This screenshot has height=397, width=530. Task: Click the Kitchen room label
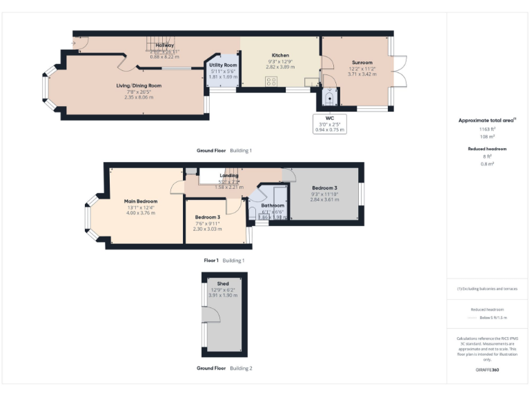[x=280, y=55]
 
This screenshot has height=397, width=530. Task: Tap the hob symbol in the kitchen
[x=271, y=81]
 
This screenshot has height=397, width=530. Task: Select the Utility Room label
[x=223, y=65]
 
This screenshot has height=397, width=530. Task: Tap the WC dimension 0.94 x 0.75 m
[x=329, y=130]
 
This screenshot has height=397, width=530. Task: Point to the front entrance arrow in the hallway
[x=74, y=43]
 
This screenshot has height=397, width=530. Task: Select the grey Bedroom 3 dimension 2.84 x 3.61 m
[x=324, y=199]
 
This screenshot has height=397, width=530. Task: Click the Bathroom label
[x=272, y=205]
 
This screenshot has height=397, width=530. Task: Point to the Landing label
[x=229, y=176]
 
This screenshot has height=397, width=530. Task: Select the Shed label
[x=222, y=283]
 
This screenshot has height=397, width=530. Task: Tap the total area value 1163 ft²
[x=487, y=129]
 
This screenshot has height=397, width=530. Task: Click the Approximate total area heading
[x=486, y=120]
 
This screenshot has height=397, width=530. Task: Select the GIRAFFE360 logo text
[x=487, y=370]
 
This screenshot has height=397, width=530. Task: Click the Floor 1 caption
[x=210, y=261]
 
